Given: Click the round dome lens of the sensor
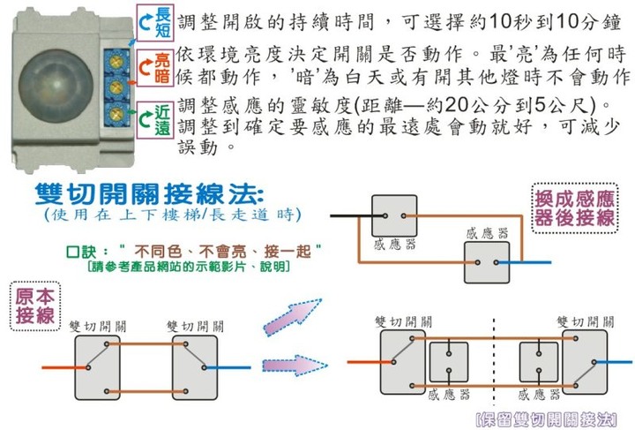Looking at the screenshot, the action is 56,87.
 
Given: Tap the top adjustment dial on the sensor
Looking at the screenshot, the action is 116,62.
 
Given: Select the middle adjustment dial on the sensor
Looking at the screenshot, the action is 116,87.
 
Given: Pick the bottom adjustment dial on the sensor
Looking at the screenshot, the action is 116,113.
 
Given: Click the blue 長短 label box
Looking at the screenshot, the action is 155,23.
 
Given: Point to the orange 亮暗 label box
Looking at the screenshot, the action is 155,68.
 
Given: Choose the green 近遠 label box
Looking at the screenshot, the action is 155,120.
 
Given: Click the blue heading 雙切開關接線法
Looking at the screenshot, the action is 149,193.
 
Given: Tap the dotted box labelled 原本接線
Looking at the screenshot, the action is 35,306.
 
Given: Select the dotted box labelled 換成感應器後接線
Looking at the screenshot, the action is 575,208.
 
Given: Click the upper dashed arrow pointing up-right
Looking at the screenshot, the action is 293,317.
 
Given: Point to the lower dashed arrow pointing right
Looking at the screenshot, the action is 295,366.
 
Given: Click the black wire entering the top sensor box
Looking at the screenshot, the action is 357,216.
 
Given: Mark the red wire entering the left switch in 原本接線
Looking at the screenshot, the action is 64,367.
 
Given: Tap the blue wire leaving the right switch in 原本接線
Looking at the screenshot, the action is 228,367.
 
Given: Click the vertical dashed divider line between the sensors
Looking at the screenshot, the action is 494,361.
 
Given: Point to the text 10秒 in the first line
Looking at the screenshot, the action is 512,21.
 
